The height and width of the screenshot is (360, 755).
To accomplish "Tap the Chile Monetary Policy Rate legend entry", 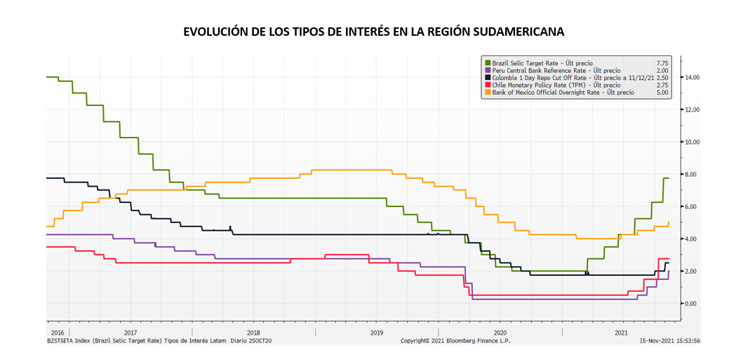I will coord(547,85).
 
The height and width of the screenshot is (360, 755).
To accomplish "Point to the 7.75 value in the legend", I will coord(662,63).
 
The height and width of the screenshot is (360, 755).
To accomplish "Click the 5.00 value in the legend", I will coord(662,92).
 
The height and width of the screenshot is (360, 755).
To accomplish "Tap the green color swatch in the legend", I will coord(487,63).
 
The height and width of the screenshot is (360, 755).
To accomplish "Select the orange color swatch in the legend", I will coord(487,92).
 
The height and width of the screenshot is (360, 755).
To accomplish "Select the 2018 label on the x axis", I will coord(253,332).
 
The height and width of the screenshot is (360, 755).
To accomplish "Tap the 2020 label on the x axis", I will coord(500,332).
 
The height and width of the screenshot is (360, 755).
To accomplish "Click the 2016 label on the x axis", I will coord(58,332).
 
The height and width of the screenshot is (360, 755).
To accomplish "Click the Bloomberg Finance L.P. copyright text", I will coord(455,340).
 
